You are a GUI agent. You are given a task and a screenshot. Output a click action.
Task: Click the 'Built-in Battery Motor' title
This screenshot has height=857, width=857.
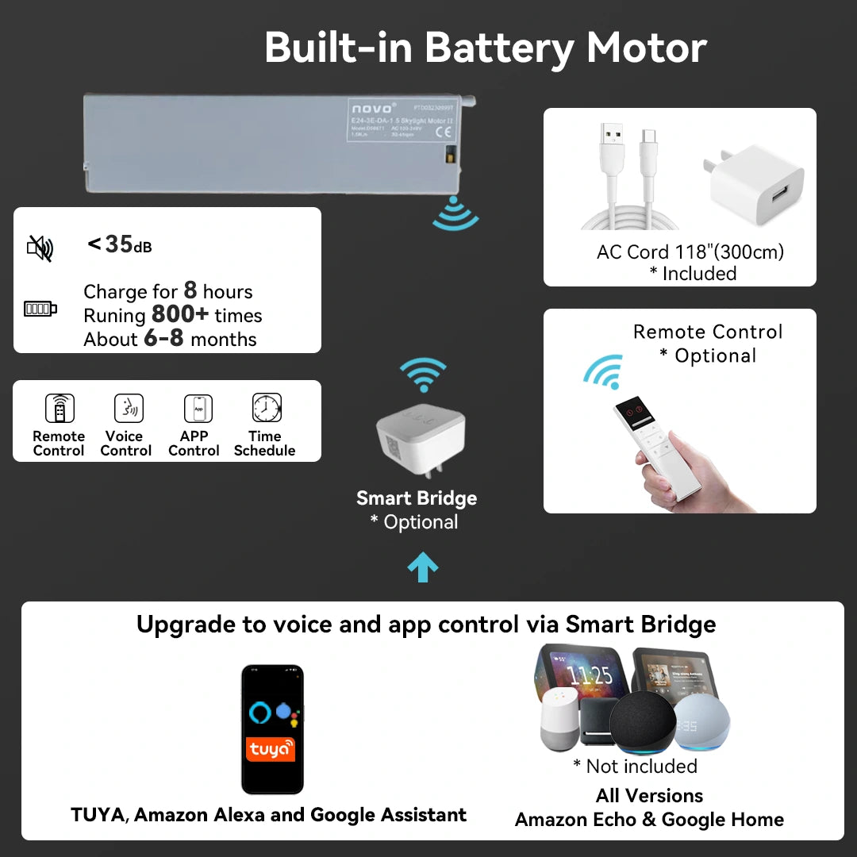485,48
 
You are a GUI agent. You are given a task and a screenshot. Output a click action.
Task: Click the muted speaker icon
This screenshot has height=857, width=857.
40,248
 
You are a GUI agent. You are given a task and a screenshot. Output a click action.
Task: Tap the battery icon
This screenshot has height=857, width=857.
40,308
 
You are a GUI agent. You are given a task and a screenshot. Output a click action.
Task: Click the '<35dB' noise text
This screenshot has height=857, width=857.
119,244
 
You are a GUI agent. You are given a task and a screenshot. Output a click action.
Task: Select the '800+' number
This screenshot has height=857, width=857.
180,314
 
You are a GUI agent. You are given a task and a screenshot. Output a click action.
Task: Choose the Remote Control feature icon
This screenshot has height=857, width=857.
60,409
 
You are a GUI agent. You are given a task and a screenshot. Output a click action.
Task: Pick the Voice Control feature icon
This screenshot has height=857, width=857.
128,409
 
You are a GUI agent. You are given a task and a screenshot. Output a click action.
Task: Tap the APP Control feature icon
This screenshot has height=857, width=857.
198,409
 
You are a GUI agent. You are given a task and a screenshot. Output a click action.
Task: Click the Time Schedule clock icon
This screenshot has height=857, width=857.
266,408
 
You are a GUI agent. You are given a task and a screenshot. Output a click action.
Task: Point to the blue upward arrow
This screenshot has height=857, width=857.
422,567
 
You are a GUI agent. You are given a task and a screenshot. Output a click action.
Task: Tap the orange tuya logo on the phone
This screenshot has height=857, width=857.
271,748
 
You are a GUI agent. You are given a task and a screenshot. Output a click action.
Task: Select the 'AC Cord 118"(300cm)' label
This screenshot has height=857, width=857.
690,252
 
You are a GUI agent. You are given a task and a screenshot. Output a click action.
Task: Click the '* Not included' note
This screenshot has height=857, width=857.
635,766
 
